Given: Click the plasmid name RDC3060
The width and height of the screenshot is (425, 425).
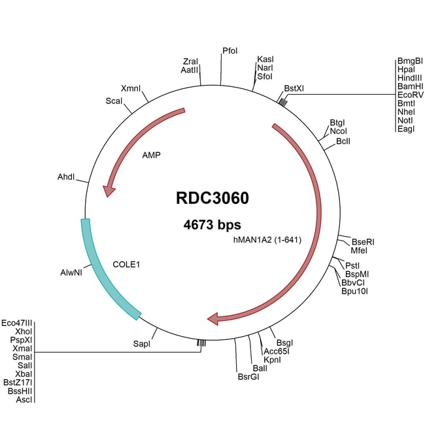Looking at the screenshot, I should pyautogui.click(x=212, y=197).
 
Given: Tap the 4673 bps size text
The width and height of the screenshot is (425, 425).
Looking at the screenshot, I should pyautogui.click(x=212, y=225).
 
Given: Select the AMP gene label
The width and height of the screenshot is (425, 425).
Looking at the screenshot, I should pyautogui.click(x=151, y=156).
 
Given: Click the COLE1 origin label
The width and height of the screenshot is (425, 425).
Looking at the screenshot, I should pyautogui.click(x=127, y=265).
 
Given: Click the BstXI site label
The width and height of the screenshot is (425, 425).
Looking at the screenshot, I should pyautogui.click(x=294, y=88).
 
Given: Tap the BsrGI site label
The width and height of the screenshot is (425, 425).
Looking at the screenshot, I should pyautogui.click(x=248, y=377).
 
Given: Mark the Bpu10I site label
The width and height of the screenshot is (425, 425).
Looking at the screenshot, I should pyautogui.click(x=355, y=292).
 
